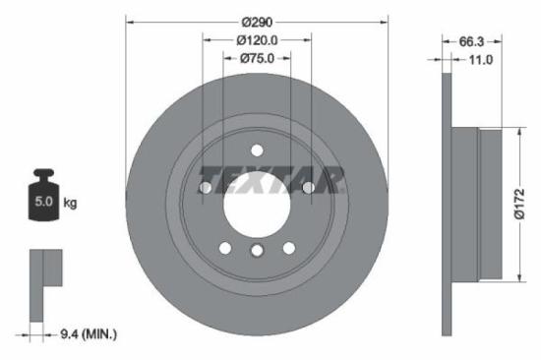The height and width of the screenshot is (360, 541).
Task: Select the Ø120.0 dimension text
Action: (258, 40)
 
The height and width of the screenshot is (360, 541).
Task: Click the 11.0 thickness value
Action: (479, 60)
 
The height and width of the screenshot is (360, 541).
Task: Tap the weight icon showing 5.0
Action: (43, 199)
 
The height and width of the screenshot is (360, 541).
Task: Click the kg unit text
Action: (70, 204)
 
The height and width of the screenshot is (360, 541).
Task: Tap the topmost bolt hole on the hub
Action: (257, 150)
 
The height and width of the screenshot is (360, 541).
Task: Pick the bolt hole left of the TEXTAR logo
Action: (207, 187)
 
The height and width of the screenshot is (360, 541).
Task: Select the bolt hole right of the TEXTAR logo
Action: (308, 187)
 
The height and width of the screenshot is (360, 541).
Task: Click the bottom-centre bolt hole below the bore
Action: (257, 252)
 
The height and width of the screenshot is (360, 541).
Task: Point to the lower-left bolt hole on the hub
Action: (225, 247)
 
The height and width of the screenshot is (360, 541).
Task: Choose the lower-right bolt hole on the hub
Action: (289, 247)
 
